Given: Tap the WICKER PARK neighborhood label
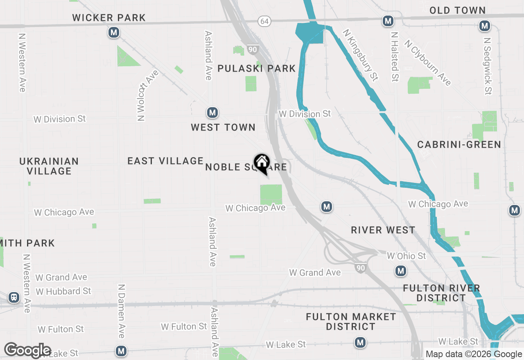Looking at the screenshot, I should [109, 18].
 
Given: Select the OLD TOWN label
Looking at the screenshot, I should [457, 11].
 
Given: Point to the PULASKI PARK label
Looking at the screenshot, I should [257, 68].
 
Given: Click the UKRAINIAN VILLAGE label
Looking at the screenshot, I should [49, 166].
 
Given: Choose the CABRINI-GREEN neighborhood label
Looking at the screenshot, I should [459, 144].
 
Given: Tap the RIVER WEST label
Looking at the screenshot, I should [383, 230].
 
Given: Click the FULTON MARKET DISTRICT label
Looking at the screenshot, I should [351, 322].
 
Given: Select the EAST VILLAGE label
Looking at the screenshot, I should [165, 161].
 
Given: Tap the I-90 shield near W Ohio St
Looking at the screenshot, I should [360, 268].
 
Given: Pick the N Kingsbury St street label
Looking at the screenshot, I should [360, 54].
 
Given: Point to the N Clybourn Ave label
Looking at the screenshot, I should [428, 63].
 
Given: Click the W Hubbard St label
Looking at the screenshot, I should [63, 291].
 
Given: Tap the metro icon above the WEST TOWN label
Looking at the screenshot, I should [212, 112].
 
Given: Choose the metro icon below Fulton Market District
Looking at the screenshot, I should [360, 342].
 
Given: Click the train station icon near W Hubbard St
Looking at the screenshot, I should [14, 297].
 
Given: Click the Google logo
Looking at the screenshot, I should [28, 351].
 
